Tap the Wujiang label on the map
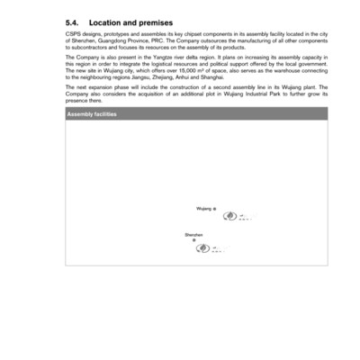[204, 208]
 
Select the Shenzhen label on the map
[193, 234]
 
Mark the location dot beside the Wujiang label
[215, 208]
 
